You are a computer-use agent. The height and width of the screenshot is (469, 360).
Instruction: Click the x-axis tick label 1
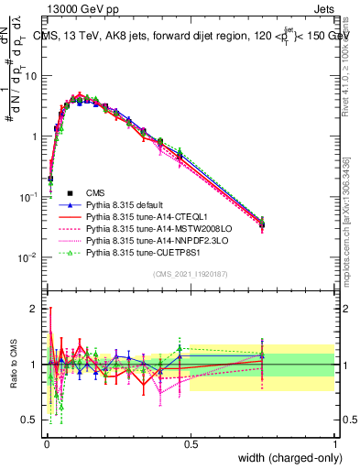(334, 442)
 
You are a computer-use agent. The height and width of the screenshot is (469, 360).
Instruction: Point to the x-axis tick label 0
(46, 442)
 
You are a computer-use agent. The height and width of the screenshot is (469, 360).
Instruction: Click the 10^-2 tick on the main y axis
(27, 256)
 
